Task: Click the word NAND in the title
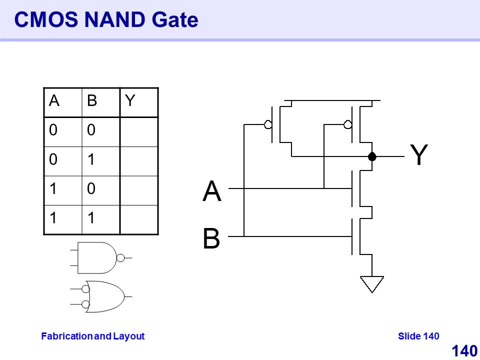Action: [113, 20]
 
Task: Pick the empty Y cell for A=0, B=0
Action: [138, 131]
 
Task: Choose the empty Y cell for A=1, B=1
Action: [138, 219]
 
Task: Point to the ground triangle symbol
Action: [372, 283]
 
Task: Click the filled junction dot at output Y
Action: [372, 156]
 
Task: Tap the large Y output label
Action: [419, 155]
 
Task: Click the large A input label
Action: [212, 192]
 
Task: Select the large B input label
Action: [211, 239]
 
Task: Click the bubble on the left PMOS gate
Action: [268, 124]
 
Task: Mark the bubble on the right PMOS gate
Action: [348, 124]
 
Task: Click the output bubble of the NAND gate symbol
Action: [120, 258]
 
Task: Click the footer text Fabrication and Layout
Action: [92, 336]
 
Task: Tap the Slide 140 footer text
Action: [418, 336]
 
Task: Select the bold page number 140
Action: [464, 351]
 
